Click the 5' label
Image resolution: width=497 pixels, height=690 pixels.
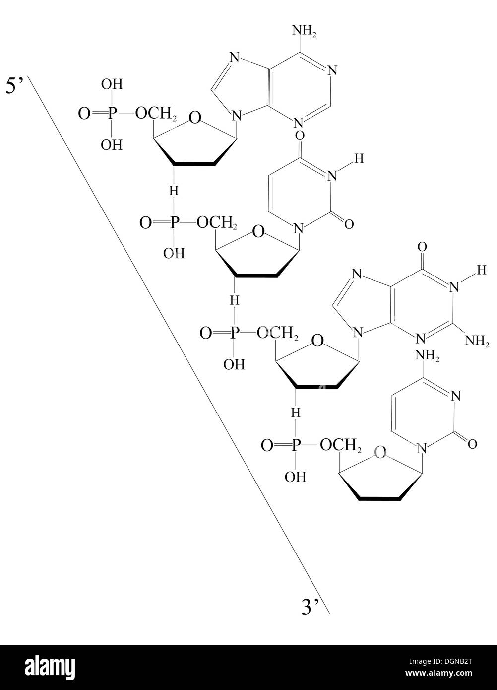pos(15,86)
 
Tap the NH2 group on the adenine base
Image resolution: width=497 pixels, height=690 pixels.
pos(304,31)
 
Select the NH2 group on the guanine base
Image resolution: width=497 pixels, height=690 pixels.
pos(477,341)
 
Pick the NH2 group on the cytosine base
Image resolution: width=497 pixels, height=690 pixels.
pos(427,356)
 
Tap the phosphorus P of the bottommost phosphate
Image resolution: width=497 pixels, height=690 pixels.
pos(296,445)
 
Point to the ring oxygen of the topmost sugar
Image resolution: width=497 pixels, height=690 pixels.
pos(195,118)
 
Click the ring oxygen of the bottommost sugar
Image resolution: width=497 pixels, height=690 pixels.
pos(380,453)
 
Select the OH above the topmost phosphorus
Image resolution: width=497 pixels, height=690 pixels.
pos(112,84)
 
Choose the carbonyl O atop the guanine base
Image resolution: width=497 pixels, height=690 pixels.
pos(422,247)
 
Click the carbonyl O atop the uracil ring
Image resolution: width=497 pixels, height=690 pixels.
pos(300,136)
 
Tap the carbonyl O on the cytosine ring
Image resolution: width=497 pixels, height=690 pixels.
pos(472,444)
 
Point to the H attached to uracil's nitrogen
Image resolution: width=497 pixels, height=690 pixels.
pos(359,159)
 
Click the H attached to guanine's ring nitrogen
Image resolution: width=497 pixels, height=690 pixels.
pos(482,270)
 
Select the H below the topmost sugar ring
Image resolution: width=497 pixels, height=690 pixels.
pos(174,191)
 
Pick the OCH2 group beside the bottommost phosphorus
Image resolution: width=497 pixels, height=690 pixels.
pos(341,446)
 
